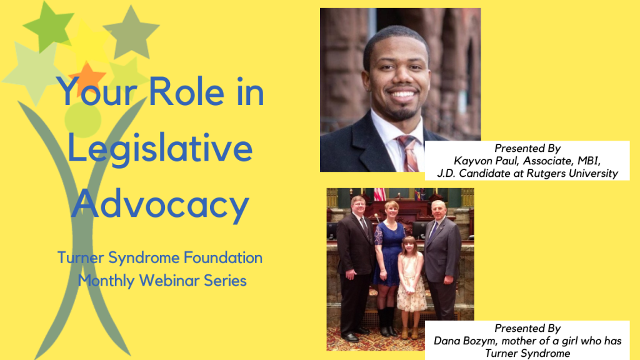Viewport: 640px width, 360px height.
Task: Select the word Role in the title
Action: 189,94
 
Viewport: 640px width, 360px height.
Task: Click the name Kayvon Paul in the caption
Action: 486,161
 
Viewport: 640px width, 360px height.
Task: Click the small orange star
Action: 87,77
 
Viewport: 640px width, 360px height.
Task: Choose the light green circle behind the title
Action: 82,119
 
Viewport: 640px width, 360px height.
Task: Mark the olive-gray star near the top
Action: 131,31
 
